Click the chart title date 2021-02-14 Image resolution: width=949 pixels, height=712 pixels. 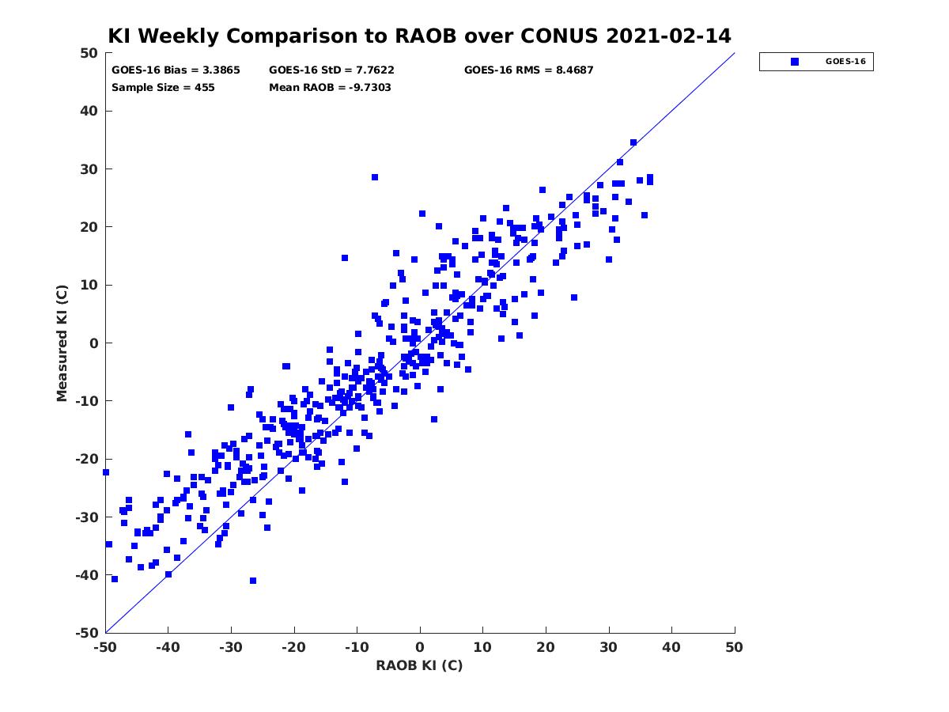point(668,36)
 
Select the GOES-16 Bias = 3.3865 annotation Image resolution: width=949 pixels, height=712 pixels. point(176,70)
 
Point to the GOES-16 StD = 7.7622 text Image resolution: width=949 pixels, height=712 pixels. point(331,70)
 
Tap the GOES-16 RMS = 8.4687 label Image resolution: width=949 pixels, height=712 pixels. point(529,70)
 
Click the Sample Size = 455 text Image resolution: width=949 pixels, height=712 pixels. point(163,88)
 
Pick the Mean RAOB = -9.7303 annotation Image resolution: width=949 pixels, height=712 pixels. point(330,88)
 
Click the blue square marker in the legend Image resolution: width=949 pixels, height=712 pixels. point(795,62)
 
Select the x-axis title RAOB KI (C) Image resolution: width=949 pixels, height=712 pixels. point(419,665)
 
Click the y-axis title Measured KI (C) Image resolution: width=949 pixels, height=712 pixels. point(62,343)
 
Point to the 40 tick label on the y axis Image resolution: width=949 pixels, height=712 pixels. point(89,111)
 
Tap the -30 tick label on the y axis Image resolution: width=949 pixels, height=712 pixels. point(87,517)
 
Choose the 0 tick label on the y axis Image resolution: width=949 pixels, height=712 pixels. point(94,343)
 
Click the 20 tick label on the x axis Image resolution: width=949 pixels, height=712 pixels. point(546,647)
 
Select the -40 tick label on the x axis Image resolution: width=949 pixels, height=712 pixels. point(168,647)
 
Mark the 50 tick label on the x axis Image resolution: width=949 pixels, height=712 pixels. point(735,647)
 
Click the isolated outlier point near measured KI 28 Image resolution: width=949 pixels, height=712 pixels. point(375,177)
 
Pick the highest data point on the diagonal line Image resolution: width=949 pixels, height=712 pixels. point(633,142)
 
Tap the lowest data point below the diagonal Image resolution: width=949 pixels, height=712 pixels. point(253,581)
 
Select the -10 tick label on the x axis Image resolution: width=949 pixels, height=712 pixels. point(357,647)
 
